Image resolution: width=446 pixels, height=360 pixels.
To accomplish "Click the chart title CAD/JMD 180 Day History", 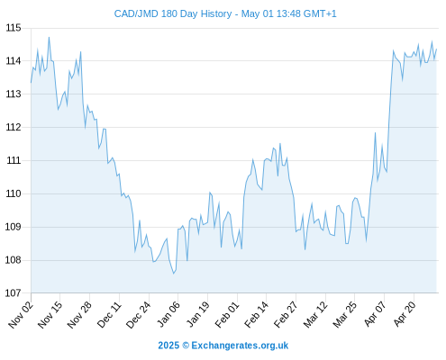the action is [173, 13].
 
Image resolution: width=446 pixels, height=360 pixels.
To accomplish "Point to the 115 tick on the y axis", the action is [14, 28].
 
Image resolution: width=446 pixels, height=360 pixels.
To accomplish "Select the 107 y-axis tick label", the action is [14, 293].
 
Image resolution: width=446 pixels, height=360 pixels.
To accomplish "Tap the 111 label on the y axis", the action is [14, 160].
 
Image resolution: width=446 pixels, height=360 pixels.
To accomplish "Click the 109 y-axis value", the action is [14, 227].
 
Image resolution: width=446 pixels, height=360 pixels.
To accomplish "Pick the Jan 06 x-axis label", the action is [168, 314].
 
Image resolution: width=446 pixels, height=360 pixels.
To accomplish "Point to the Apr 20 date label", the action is [405, 314].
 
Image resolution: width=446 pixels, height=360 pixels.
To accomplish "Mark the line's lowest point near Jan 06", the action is [173, 274].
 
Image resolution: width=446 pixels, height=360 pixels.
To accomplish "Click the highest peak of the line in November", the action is [49, 38].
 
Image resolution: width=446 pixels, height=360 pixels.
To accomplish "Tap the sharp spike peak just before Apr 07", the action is [375, 132].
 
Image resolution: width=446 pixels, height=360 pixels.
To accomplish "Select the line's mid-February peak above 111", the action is [280, 143].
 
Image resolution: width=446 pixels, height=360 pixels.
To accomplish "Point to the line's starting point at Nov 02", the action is [31, 83].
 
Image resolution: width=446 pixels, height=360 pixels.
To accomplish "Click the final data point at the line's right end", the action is [436, 49].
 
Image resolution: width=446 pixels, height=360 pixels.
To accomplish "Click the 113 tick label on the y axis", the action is [14, 94].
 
